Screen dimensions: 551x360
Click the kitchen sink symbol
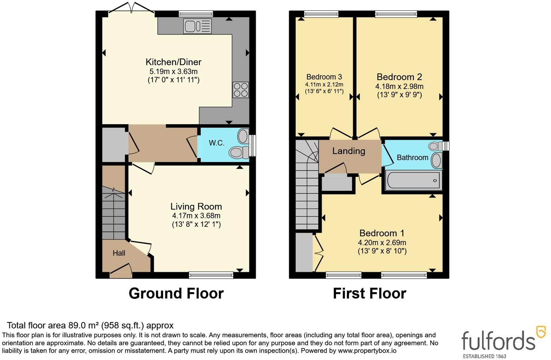tap(197, 26)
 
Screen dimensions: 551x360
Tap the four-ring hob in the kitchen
tap(241, 90)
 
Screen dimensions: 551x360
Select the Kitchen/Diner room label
tap(174, 62)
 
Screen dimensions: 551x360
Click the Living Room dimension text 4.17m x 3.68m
tap(196, 216)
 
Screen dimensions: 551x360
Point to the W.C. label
tap(217, 143)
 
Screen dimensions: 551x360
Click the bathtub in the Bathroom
tap(414, 181)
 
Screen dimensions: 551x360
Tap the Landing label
tap(349, 151)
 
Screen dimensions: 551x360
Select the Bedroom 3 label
tap(324, 77)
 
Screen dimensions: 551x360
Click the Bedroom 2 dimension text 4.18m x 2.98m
tap(399, 86)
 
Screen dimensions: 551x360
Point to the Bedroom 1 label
tap(382, 233)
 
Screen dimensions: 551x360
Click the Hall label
tap(119, 253)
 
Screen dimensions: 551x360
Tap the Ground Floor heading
tap(176, 293)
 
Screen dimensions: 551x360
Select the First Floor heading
tap(369, 293)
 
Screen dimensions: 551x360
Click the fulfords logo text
tap(498, 341)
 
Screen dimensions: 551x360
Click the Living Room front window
tap(211, 275)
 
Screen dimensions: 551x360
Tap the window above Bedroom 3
tap(321, 14)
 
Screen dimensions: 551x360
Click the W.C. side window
tap(252, 146)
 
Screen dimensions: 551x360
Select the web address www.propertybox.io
tap(367, 351)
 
